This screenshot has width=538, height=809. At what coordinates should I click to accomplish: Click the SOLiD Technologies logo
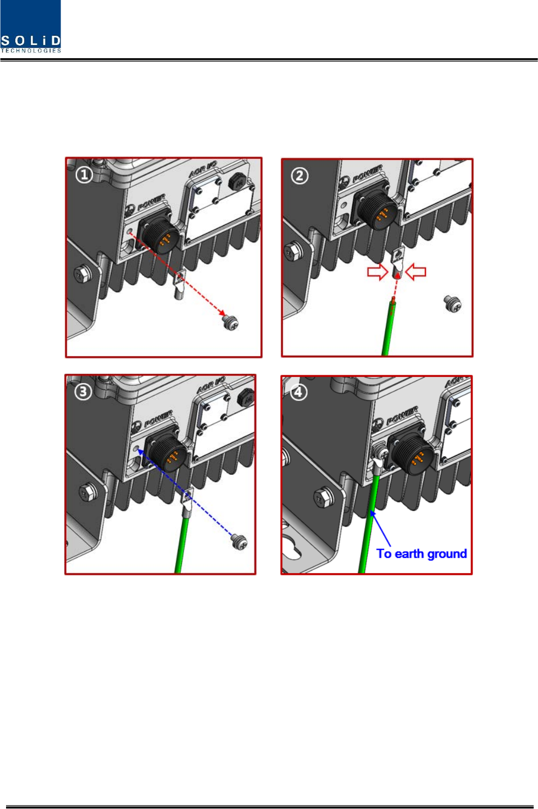pyautogui.click(x=30, y=27)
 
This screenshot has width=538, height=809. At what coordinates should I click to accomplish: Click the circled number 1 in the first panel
pyautogui.click(x=84, y=175)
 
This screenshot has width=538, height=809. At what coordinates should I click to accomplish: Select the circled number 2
pyautogui.click(x=299, y=176)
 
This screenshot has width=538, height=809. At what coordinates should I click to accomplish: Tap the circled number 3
pyautogui.click(x=83, y=392)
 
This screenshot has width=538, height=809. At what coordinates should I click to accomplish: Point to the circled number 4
pyautogui.click(x=298, y=392)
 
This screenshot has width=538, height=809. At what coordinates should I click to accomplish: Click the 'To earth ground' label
pyautogui.click(x=421, y=553)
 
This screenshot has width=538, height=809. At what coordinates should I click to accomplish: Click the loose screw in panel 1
pyautogui.click(x=230, y=322)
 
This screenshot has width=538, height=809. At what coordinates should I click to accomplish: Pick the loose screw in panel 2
pyautogui.click(x=452, y=303)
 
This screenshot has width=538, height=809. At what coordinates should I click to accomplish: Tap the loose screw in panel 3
pyautogui.click(x=240, y=542)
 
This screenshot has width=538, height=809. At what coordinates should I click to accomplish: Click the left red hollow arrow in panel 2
pyautogui.click(x=378, y=272)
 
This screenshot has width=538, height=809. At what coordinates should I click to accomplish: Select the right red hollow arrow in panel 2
pyautogui.click(x=415, y=272)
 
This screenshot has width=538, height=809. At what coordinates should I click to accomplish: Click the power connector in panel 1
pyautogui.click(x=159, y=231)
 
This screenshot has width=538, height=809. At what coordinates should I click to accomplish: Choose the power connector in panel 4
pyautogui.click(x=412, y=451)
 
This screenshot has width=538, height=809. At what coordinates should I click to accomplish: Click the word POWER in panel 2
pyautogui.click(x=367, y=173)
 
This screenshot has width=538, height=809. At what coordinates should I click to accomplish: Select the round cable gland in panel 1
pyautogui.click(x=237, y=182)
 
